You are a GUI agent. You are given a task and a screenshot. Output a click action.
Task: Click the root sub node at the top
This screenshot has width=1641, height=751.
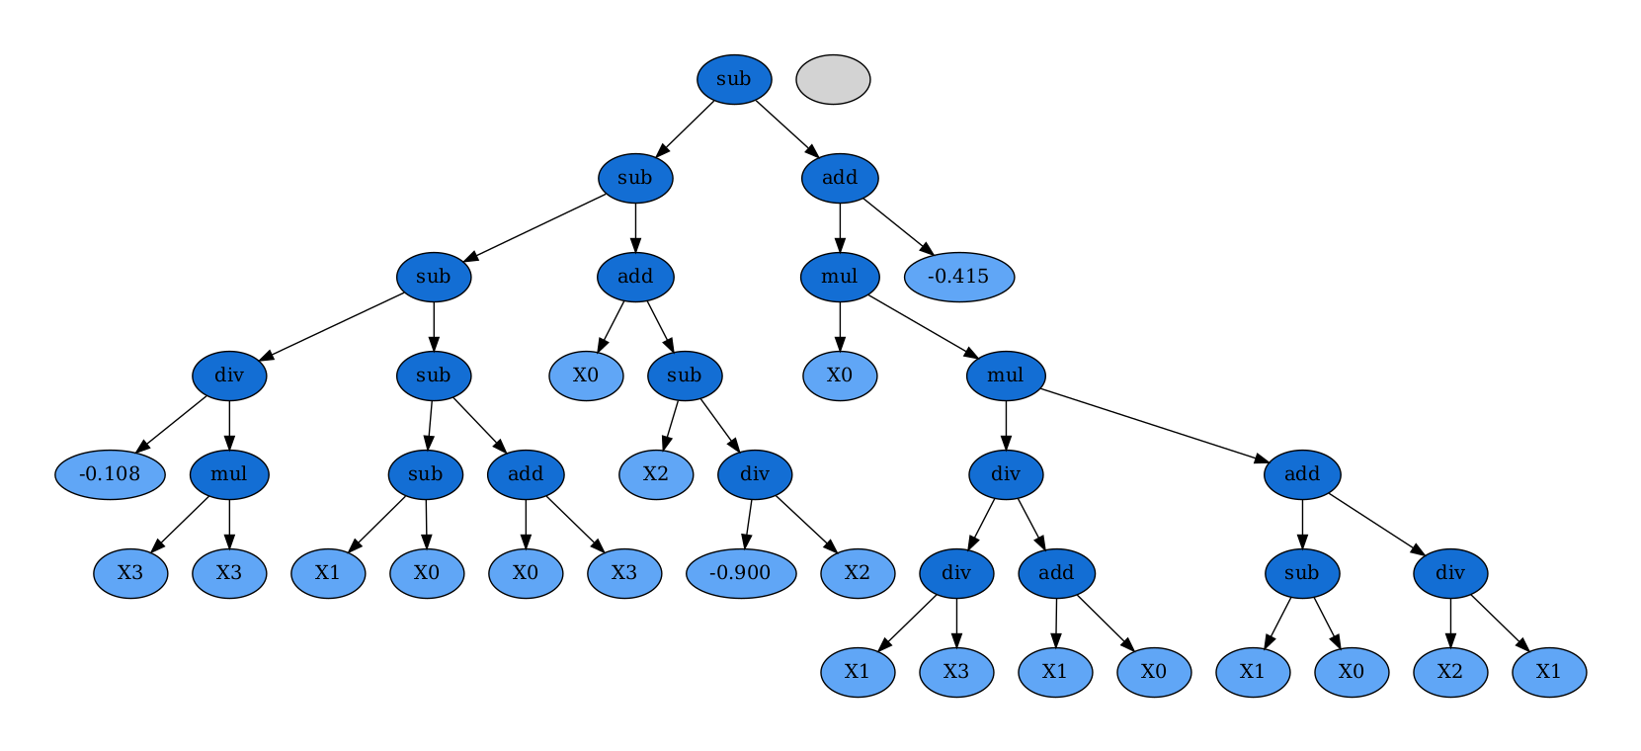point(733,79)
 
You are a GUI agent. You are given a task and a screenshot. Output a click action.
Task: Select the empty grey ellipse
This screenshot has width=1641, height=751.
point(833,79)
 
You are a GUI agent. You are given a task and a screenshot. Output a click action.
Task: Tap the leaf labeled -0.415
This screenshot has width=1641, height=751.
point(958,277)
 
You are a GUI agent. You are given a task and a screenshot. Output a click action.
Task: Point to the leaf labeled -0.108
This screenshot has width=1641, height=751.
point(110,474)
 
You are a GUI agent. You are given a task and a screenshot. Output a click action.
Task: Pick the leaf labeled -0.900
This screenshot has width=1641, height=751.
point(740,573)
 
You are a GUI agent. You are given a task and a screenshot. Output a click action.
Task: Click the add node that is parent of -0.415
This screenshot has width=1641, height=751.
point(840,178)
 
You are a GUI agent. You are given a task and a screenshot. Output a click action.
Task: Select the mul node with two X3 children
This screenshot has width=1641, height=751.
point(229,474)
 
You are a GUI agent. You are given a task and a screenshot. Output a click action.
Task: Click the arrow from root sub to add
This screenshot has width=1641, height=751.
point(786,128)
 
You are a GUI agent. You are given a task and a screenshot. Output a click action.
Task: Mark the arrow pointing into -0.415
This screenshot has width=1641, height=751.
point(897,226)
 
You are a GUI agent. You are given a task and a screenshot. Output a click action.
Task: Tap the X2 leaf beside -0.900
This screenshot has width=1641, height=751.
point(858,573)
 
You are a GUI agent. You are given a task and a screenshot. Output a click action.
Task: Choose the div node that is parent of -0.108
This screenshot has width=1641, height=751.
point(229,375)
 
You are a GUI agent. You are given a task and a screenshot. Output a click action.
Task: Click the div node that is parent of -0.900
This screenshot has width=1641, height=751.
point(755,474)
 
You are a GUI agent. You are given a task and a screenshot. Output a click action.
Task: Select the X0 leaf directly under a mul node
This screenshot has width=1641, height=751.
point(840,375)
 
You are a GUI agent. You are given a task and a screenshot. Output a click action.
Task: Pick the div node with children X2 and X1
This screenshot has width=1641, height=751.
point(1450,573)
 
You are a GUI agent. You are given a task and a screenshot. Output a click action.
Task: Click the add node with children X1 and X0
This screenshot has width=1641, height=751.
point(1056,573)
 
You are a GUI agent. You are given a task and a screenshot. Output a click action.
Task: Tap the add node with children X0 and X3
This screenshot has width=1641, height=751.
point(526,474)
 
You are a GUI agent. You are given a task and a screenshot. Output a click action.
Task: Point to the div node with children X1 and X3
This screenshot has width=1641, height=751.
point(956,573)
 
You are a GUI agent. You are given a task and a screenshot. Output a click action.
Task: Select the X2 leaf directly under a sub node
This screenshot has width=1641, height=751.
point(656,474)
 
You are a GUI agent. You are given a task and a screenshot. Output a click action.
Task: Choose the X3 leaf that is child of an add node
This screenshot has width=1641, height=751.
point(624,573)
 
